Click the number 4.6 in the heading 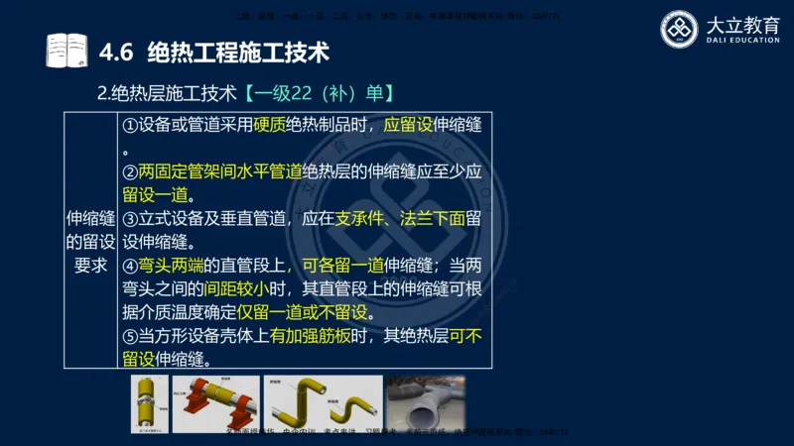pyautogui.click(x=117, y=50)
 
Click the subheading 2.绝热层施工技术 pyautogui.click(x=167, y=95)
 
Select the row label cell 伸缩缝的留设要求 pyautogui.click(x=90, y=241)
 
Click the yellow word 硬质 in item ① pyautogui.click(x=269, y=126)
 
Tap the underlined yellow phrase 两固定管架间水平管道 pyautogui.click(x=220, y=170)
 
